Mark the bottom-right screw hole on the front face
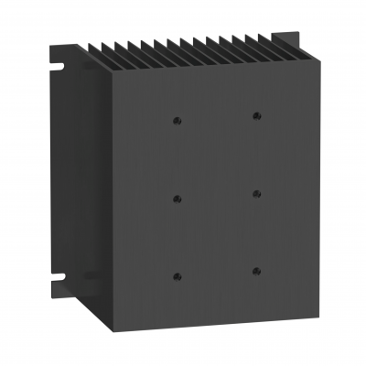256,271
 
